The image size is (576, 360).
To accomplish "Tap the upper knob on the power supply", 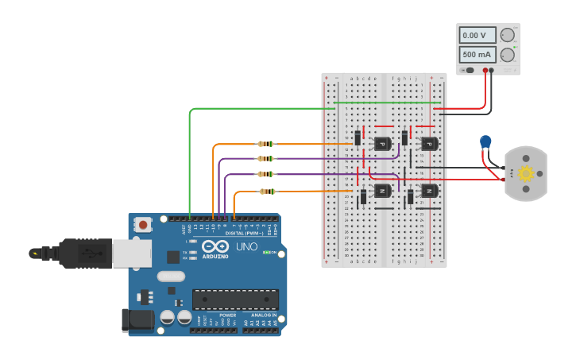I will (x=507, y=36).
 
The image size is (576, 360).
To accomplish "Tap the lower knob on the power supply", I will (x=507, y=55).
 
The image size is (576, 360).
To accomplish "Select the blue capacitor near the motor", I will (x=485, y=142).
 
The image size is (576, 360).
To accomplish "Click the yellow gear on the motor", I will (x=525, y=173).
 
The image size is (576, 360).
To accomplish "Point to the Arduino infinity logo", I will (x=215, y=246).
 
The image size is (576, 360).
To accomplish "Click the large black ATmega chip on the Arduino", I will (x=235, y=299).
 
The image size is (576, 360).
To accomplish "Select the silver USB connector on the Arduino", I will (x=131, y=254).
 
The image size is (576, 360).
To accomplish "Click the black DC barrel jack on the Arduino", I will (x=137, y=319).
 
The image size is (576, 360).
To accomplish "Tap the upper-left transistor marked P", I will (x=382, y=144).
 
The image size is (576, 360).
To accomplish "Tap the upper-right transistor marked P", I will (x=429, y=144).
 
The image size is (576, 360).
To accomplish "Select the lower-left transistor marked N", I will (x=382, y=191).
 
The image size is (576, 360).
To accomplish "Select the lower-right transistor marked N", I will (x=429, y=191).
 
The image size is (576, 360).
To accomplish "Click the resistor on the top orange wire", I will (x=265, y=144).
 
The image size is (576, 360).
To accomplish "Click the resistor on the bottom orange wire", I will (x=267, y=191).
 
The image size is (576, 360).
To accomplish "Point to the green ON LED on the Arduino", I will (x=267, y=253).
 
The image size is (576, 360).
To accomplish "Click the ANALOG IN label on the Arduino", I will (x=263, y=315).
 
